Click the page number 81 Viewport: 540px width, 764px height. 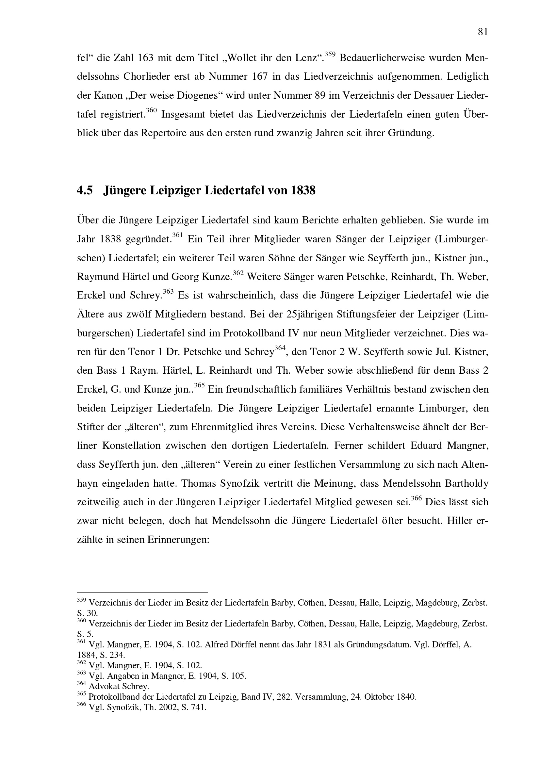[483, 32]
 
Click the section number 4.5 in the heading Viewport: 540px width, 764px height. [85, 191]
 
